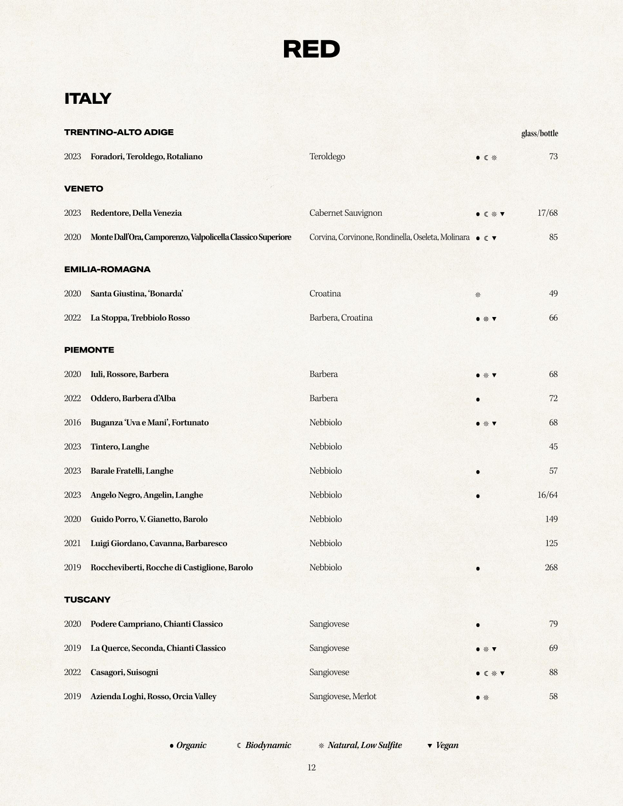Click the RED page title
[x=311, y=49]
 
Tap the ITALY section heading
[x=88, y=98]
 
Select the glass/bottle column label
[x=539, y=133]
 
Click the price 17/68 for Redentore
[x=547, y=213]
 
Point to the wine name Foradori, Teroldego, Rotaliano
[x=146, y=157]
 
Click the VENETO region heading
[x=83, y=189]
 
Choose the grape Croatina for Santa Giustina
[x=325, y=294]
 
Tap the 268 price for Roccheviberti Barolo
[x=551, y=567]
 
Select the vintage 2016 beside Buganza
[x=72, y=422]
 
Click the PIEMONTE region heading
[x=89, y=350]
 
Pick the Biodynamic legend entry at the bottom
[x=264, y=745]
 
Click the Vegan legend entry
[x=443, y=745]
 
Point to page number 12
[x=311, y=767]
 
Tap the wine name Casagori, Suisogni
[x=124, y=672]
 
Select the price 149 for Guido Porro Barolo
[x=551, y=519]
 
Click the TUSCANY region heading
[x=87, y=600]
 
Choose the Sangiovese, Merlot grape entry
[x=343, y=696]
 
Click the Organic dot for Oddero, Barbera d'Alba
[x=477, y=399]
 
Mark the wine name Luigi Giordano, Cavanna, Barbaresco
[x=158, y=543]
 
